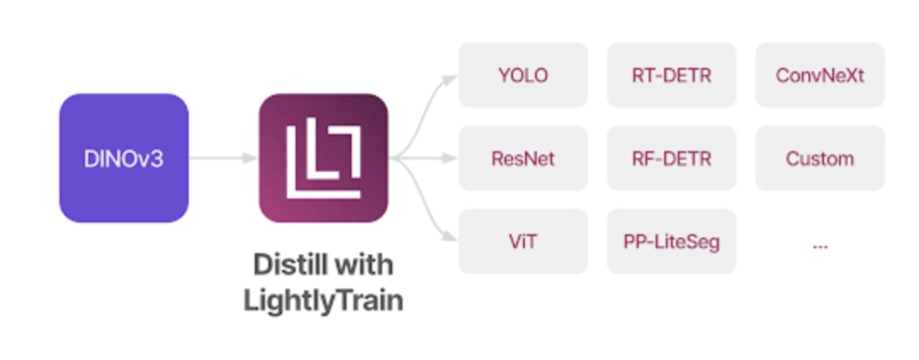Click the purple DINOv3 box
pyautogui.click(x=123, y=158)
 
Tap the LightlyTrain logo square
pyautogui.click(x=323, y=158)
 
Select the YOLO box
pyautogui.click(x=522, y=75)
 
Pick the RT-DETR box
pyautogui.click(x=671, y=75)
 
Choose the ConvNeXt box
pyautogui.click(x=819, y=75)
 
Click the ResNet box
pyautogui.click(x=522, y=158)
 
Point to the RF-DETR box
pyautogui.click(x=671, y=158)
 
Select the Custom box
pyautogui.click(x=819, y=158)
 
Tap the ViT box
pyautogui.click(x=522, y=242)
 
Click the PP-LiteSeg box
pyautogui.click(x=671, y=242)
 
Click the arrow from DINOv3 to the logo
pyautogui.click(x=223, y=158)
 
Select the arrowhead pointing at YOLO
pyautogui.click(x=451, y=78)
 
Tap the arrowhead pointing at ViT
pyautogui.click(x=451, y=238)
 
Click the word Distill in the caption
pyautogui.click(x=286, y=265)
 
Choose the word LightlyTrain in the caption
pyautogui.click(x=323, y=300)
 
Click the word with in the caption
pyautogui.click(x=363, y=265)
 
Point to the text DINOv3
pyautogui.click(x=123, y=158)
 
